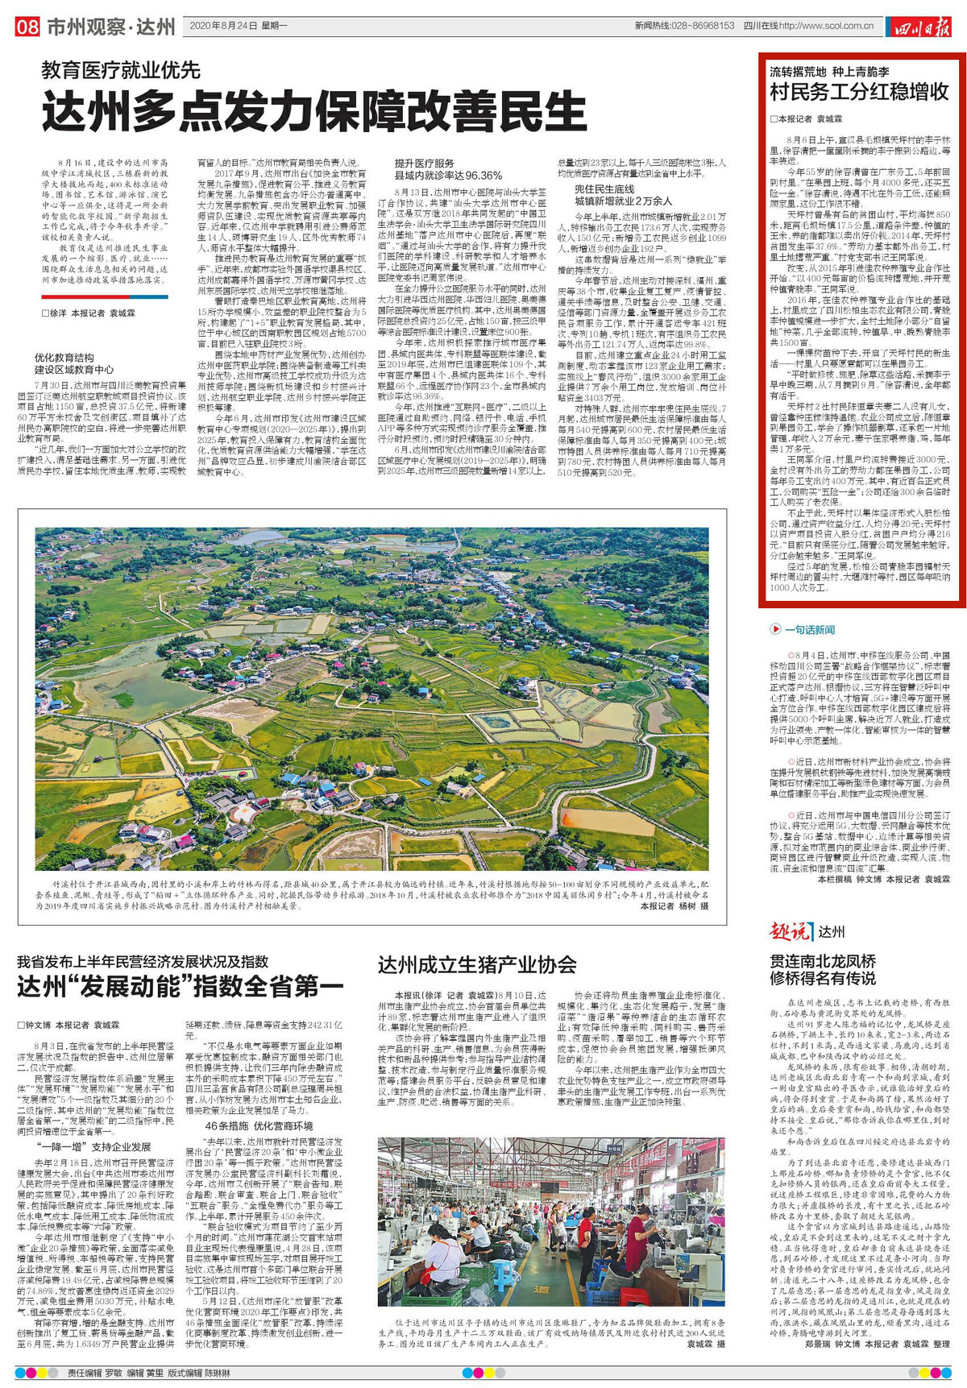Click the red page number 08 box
[x=27, y=27]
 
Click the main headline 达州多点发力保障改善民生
[x=314, y=111]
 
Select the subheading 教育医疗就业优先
[x=121, y=70]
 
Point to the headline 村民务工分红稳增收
[x=859, y=91]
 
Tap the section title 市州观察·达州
[x=110, y=27]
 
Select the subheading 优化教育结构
[x=64, y=357]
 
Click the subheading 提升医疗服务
[x=425, y=164]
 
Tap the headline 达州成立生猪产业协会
[x=477, y=964]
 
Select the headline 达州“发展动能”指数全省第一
[x=181, y=986]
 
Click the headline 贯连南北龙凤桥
[x=823, y=961]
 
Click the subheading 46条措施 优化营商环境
[x=259, y=1125]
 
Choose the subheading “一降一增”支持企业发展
[x=93, y=1146]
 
